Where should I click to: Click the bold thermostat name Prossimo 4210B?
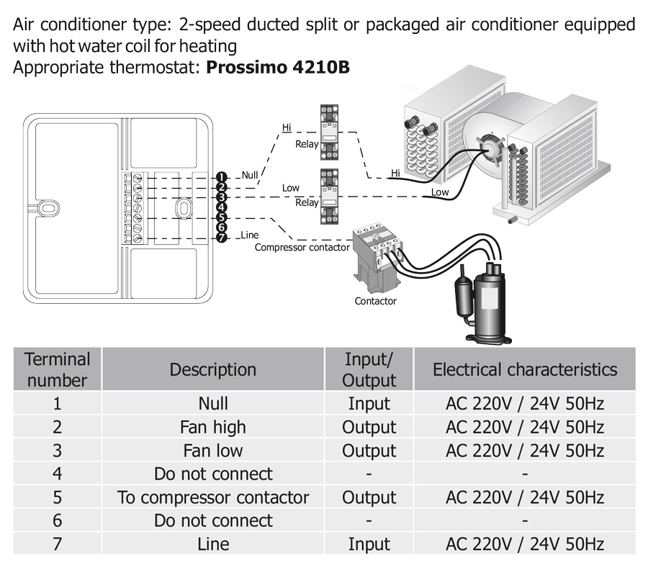click(278, 68)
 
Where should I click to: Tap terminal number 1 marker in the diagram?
click(221, 177)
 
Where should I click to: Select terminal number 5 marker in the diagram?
click(221, 217)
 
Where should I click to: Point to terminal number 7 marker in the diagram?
click(221, 238)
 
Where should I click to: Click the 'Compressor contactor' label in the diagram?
click(302, 248)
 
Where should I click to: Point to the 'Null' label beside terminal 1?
click(250, 174)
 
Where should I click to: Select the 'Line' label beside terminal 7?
click(250, 235)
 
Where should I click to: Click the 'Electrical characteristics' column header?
click(525, 369)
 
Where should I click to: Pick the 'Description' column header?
click(213, 369)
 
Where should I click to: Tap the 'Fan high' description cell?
click(213, 427)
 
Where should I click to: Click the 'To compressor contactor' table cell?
click(213, 498)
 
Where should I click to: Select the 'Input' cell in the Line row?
click(369, 544)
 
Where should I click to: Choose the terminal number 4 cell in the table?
click(57, 474)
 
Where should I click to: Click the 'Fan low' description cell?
click(213, 451)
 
